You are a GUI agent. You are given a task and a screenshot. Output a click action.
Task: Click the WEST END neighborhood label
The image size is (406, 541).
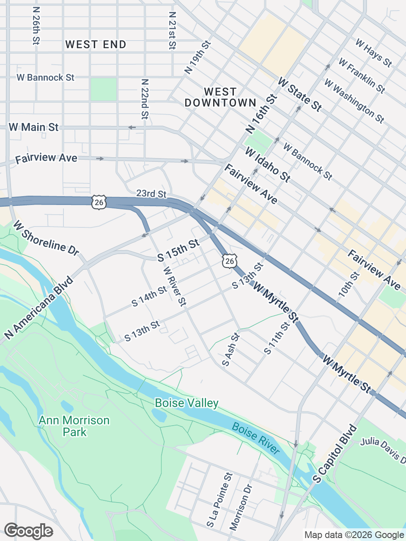(x=96, y=44)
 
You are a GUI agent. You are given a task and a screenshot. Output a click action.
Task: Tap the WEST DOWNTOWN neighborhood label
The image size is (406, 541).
(x=220, y=97)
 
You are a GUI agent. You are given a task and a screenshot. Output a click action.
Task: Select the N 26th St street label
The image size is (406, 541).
(x=36, y=29)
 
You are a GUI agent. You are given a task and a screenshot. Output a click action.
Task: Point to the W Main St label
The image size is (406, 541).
(x=33, y=127)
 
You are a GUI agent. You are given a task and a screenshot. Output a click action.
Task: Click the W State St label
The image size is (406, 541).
(x=299, y=94)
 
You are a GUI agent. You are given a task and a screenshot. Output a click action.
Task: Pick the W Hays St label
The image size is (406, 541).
(x=373, y=53)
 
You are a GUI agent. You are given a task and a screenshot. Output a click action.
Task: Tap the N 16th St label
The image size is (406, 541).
(x=262, y=113)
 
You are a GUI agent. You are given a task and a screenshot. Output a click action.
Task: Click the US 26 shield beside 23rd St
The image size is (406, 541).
(x=99, y=202)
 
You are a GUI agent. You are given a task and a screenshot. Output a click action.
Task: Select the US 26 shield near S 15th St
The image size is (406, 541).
(x=229, y=261)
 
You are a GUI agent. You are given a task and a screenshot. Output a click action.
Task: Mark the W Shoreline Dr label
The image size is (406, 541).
(x=46, y=238)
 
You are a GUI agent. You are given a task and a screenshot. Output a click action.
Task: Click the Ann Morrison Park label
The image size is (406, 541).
(x=74, y=426)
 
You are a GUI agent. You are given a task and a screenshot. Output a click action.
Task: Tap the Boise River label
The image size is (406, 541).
(x=256, y=438)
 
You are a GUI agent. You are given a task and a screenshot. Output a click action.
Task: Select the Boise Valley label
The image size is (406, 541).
(x=187, y=403)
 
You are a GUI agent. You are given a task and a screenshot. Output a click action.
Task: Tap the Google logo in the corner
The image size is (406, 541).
(x=28, y=531)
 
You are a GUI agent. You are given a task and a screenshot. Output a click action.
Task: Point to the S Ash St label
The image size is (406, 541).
(x=231, y=350)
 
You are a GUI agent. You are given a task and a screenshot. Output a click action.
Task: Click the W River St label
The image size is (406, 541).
(x=174, y=286)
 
